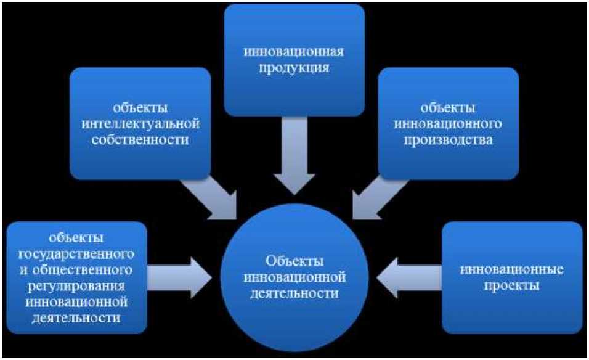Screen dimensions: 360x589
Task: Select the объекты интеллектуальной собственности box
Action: point(140,123)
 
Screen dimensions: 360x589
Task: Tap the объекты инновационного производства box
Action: point(448,123)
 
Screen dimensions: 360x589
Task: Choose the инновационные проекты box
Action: point(512,277)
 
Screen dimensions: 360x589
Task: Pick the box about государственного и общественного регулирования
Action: point(77,277)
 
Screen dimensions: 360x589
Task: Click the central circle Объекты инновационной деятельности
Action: point(294,277)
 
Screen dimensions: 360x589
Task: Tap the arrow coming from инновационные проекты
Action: point(407,273)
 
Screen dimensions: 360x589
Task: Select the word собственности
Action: point(140,139)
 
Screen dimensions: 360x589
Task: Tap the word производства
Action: point(448,139)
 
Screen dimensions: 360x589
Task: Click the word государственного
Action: point(77,253)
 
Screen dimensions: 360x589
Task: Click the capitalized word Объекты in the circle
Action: point(294,261)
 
